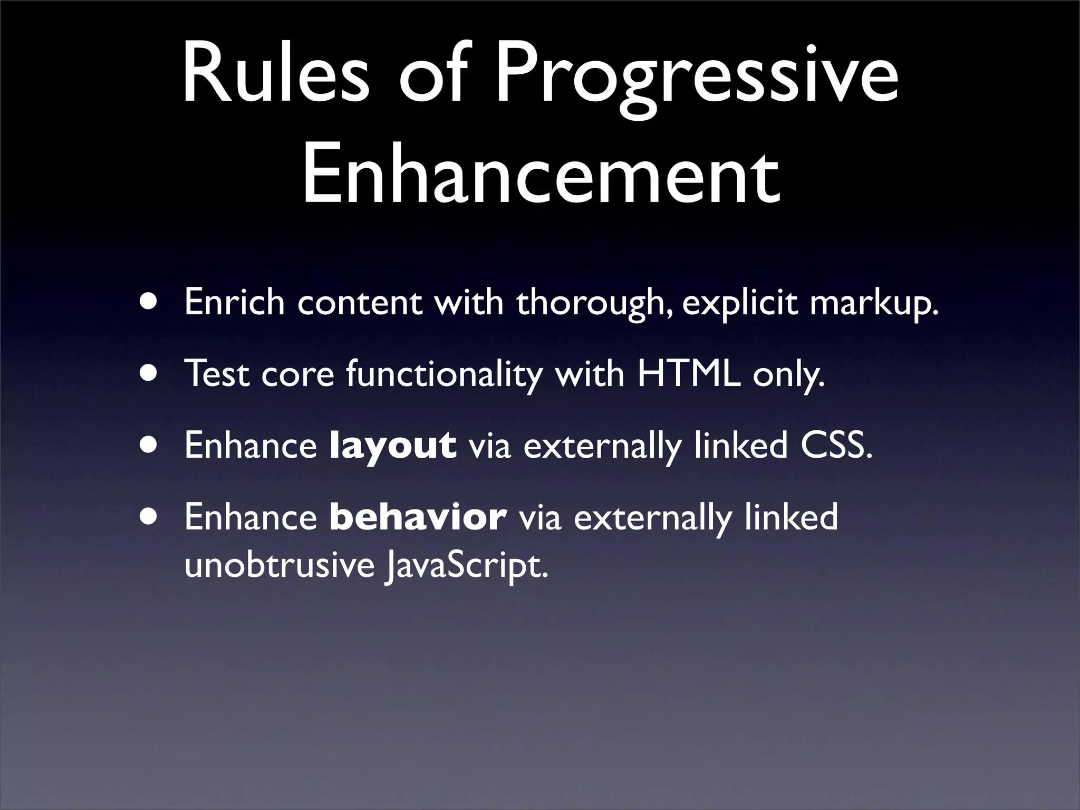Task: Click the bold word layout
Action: (x=392, y=446)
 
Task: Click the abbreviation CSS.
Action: (x=836, y=445)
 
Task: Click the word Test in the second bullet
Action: (x=217, y=374)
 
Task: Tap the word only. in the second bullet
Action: (x=788, y=375)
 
